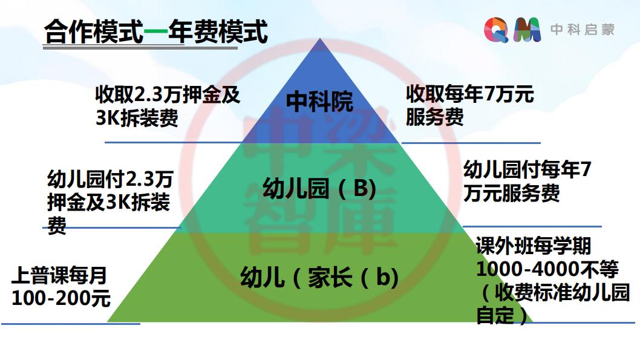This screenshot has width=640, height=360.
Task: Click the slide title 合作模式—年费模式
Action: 156,31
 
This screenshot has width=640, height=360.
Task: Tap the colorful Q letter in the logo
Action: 496,30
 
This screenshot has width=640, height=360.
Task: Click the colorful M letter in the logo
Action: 527,30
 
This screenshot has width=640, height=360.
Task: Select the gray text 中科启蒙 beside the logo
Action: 583,30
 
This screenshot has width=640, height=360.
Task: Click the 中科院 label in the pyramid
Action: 319,101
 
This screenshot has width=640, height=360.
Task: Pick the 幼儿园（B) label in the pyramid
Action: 319,189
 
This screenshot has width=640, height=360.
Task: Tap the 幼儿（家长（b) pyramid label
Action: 319,277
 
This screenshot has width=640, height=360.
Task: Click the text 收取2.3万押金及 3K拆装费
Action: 168,106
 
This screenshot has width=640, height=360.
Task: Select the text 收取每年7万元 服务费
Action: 469,105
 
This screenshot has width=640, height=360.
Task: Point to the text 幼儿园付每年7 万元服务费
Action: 527,182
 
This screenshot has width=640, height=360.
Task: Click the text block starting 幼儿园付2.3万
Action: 110,201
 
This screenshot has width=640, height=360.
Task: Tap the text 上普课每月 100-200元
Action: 61,286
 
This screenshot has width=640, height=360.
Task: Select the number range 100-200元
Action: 61,298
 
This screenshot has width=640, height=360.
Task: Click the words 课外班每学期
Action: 534,246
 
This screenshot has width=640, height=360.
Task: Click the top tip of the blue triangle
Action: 320,38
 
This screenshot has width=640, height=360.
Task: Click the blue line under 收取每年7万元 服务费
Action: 471,143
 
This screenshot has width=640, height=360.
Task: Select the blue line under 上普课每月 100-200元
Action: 71,324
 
